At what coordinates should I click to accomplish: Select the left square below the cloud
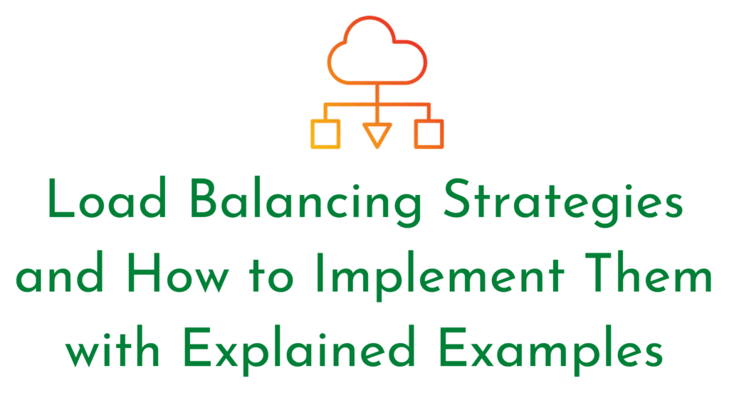coord(326,134)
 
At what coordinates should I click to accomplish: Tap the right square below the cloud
coord(429,134)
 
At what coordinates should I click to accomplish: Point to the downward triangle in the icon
coord(377,134)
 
